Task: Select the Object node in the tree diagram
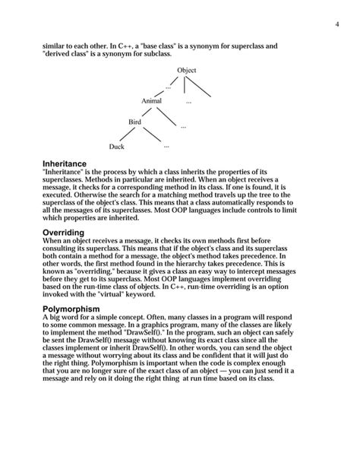click(x=186, y=71)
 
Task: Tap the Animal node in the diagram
click(x=151, y=100)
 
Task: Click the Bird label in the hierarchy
click(x=134, y=122)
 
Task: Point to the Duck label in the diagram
click(x=116, y=146)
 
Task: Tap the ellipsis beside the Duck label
click(x=166, y=145)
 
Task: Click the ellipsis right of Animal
click(x=188, y=100)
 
